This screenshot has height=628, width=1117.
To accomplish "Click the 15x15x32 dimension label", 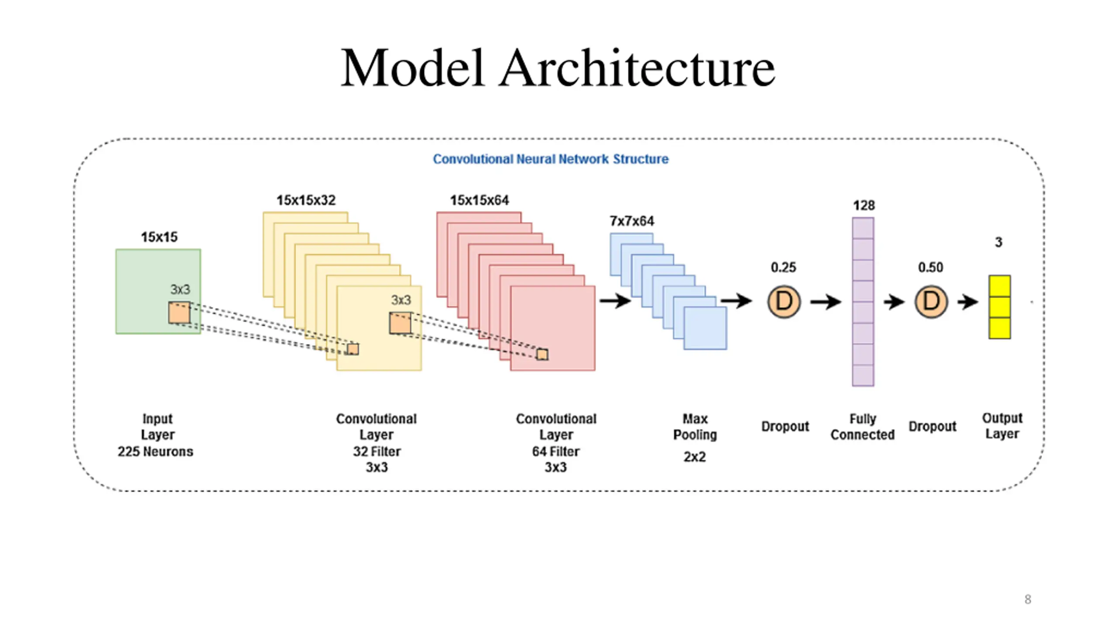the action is click(306, 200).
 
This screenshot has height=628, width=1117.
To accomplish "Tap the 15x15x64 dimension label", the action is click(480, 200).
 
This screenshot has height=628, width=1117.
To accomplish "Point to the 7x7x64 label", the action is click(632, 221).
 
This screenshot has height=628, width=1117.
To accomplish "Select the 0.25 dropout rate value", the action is click(783, 267).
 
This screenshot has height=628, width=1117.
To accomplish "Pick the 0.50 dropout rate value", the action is click(930, 267).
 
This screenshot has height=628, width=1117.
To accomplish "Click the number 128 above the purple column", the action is click(864, 205).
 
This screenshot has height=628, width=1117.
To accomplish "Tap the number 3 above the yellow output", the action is click(998, 242).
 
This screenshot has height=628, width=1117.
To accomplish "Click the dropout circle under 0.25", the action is click(784, 302).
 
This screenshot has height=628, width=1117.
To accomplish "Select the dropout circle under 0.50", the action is click(931, 302).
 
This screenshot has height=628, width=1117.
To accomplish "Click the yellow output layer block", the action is click(1000, 307).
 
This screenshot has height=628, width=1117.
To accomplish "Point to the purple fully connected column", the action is click(863, 302).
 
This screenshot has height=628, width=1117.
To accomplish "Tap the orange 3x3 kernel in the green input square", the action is click(179, 313).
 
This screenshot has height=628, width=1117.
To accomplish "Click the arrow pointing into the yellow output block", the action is click(968, 302).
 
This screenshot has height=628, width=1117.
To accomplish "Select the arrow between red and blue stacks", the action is click(615, 300).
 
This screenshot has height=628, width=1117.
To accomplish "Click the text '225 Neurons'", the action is click(155, 451).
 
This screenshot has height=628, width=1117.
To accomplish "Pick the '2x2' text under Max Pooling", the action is click(695, 457).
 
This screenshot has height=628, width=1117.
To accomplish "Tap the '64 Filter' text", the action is click(555, 451).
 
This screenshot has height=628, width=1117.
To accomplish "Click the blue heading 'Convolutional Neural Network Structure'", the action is click(551, 159).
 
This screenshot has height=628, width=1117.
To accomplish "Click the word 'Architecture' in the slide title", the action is click(637, 68).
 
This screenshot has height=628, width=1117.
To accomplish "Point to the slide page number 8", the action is click(1028, 599).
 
